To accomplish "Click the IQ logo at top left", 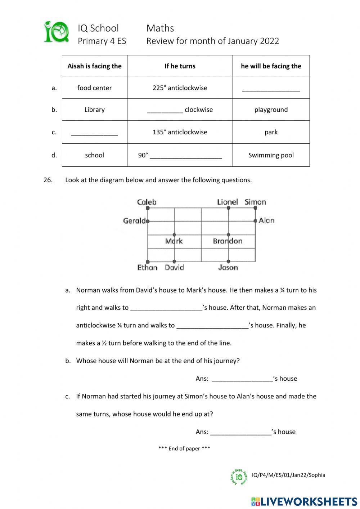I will tap(57, 32).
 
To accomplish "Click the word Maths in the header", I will tap(160, 28).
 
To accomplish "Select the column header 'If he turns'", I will tap(180, 66).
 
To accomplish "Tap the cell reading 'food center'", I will tap(94, 88).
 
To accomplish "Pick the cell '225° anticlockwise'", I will tap(180, 88).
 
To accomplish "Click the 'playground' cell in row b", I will tap(271, 110).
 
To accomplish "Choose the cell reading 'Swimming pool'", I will tap(271, 155).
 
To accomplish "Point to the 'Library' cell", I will tap(94, 110).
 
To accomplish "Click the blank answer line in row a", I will tap(271, 90).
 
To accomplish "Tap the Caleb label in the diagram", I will tap(147, 202).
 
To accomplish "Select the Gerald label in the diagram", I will tap(134, 220).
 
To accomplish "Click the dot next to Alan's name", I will tap(255, 221).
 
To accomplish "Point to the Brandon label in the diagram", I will tap(228, 241).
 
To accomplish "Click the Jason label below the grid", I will tap(228, 267).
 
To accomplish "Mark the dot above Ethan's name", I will tap(148, 262).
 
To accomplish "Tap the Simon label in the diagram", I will tap(255, 202).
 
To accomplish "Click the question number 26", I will tap(48, 180).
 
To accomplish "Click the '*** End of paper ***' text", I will tap(184, 448).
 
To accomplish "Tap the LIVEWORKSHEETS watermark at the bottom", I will tap(304, 501).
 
